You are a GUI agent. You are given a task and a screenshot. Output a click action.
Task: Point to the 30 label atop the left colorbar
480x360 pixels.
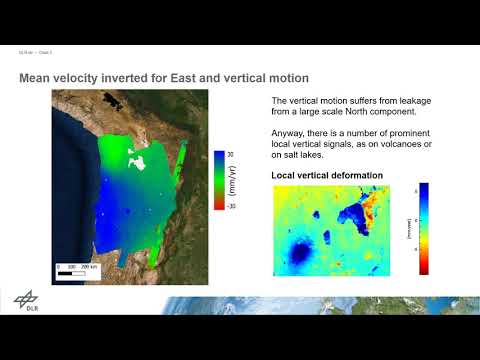[x=229, y=154]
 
